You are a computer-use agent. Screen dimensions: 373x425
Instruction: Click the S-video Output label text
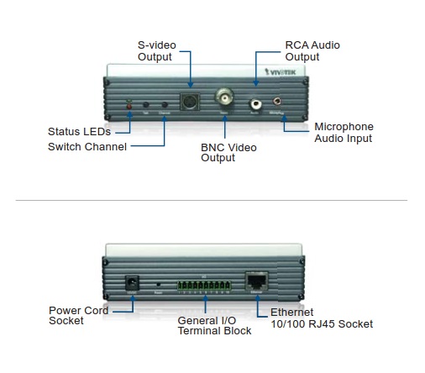(155, 50)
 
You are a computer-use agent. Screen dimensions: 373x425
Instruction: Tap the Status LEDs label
(79, 132)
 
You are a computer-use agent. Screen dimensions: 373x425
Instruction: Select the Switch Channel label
(87, 146)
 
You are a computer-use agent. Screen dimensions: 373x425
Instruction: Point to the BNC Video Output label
(228, 152)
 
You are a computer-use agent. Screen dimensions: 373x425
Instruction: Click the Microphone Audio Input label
(343, 132)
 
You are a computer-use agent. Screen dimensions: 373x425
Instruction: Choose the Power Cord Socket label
(78, 315)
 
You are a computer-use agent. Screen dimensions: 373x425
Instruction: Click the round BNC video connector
(225, 94)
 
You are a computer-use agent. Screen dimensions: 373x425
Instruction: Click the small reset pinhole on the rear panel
(160, 284)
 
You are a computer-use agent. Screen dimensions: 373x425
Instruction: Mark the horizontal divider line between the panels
(212, 200)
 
